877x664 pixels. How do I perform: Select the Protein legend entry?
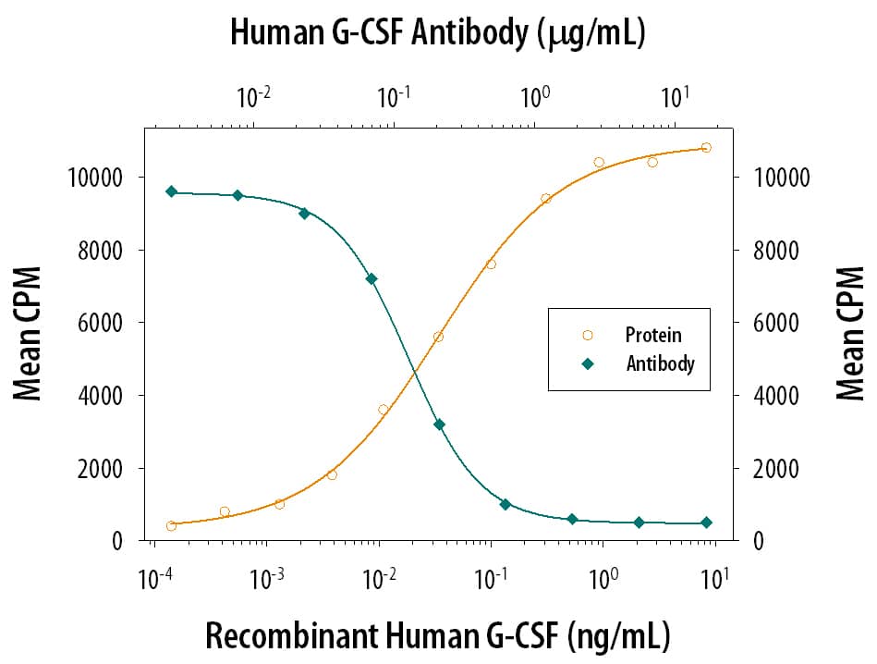click(652, 335)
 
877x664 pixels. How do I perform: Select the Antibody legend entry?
click(660, 363)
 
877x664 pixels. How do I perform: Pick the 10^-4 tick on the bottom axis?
click(153, 580)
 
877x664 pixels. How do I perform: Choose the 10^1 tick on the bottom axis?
click(714, 580)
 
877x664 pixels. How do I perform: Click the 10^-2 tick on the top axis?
click(253, 96)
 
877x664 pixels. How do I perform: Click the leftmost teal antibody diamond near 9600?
click(171, 191)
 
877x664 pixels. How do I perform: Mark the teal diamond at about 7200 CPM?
click(372, 278)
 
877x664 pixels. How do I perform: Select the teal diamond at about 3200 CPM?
click(439, 424)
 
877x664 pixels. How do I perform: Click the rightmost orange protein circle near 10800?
click(706, 147)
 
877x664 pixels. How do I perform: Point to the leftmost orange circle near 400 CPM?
click(171, 526)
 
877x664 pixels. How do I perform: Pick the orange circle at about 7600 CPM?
click(491, 264)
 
